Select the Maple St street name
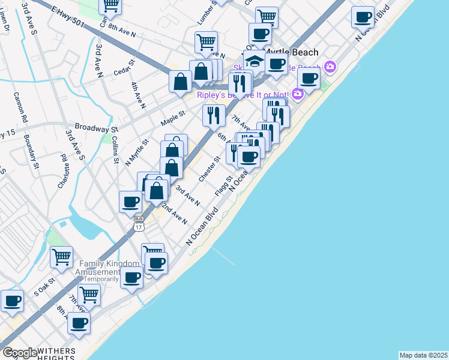[173, 117]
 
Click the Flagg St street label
[223, 186]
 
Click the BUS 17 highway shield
[139, 223]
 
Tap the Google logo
[20, 353]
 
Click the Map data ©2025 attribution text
[423, 355]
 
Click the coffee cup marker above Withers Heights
[79, 323]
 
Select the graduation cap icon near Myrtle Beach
[255, 61]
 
